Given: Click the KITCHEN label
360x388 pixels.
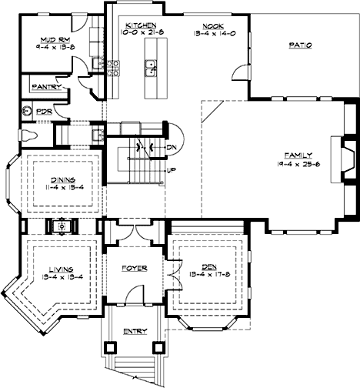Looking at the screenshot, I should pyautogui.click(x=139, y=25).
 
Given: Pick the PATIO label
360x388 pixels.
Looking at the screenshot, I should pyautogui.click(x=300, y=45).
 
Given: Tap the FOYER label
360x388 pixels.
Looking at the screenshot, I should pyautogui.click(x=134, y=269).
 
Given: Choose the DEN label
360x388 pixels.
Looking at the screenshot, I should pyautogui.click(x=208, y=267).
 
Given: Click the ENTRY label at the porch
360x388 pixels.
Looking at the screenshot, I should pyautogui.click(x=135, y=332).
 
